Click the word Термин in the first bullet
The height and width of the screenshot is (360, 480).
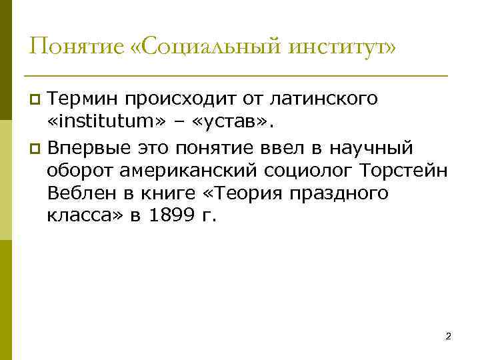click(83, 99)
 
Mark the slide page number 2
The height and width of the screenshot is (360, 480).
click(448, 337)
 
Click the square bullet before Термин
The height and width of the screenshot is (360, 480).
click(36, 100)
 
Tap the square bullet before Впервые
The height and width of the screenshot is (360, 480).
click(36, 147)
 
